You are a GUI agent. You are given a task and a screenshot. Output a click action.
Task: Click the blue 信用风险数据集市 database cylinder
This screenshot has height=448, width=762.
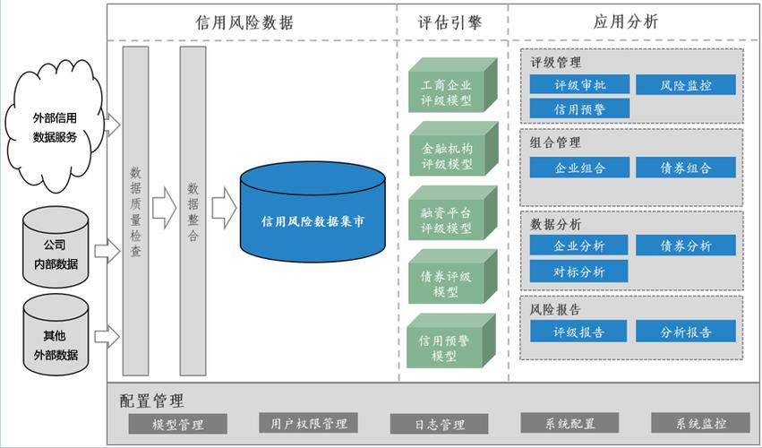(313, 212)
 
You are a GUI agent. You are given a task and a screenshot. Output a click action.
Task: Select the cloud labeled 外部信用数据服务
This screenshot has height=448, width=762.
(55, 125)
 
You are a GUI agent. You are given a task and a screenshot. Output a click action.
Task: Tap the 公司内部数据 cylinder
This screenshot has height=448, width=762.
(56, 247)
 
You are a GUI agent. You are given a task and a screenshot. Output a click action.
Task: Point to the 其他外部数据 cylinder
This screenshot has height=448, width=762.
(56, 335)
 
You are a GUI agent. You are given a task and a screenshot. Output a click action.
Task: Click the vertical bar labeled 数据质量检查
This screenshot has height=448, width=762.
(135, 211)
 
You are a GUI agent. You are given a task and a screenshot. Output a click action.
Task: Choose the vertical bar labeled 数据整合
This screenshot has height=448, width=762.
(193, 211)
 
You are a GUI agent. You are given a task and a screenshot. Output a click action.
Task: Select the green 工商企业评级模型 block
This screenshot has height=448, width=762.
(452, 85)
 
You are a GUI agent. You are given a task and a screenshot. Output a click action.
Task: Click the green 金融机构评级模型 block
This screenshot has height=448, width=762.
(453, 149)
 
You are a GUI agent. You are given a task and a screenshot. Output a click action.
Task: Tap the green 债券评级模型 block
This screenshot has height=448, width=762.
(452, 277)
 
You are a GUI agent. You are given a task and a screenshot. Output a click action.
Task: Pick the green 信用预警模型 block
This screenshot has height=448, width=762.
(451, 340)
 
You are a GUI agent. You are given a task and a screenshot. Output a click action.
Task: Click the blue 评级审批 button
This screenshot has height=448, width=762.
(579, 84)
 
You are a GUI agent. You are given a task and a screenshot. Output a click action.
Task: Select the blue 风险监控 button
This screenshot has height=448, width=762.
(686, 85)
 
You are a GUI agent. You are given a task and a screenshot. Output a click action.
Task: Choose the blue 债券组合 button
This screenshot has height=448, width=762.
(686, 168)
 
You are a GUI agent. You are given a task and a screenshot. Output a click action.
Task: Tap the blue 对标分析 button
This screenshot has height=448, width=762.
(578, 271)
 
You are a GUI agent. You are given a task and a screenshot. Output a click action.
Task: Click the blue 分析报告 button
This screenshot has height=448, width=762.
(686, 332)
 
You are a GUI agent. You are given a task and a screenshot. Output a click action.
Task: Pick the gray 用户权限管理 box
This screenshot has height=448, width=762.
(309, 423)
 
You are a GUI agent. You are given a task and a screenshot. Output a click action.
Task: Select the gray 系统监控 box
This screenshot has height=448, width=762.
(701, 423)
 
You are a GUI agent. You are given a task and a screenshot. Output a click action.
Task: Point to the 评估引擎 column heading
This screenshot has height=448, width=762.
(450, 22)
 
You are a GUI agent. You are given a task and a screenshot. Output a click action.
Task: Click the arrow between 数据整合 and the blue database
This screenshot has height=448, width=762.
(224, 208)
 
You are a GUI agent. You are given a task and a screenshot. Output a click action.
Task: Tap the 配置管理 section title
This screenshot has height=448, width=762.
(151, 401)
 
